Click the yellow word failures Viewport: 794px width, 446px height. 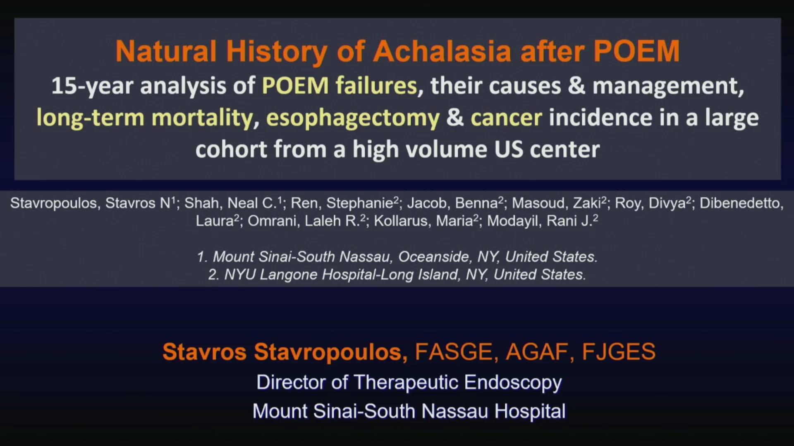tap(376, 85)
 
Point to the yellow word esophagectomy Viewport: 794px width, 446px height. tap(353, 118)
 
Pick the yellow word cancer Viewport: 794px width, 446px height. tap(506, 118)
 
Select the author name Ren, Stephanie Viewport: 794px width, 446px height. tap(343, 203)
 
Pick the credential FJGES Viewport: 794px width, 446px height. tap(618, 352)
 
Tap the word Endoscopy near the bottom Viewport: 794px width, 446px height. tap(513, 383)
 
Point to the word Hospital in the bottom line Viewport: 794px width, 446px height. tap(530, 412)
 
